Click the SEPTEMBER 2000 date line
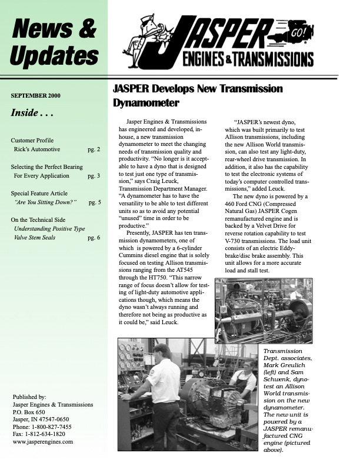[35, 95]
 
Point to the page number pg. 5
[95, 202]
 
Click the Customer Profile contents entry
[32, 141]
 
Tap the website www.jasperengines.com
[42, 441]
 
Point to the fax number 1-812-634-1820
[48, 434]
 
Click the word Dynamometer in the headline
[146, 104]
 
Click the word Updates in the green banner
[54, 56]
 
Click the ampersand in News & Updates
[86, 28]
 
